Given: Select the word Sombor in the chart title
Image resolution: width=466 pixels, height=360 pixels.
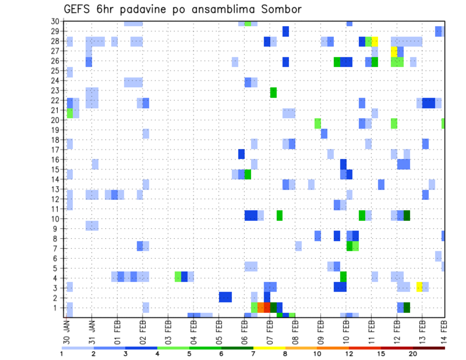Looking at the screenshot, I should pyautogui.click(x=282, y=9).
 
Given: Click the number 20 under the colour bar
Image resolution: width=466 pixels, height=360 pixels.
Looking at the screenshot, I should pyautogui.click(x=413, y=354).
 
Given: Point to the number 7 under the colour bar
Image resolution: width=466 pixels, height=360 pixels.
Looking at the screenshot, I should pyautogui.click(x=253, y=354).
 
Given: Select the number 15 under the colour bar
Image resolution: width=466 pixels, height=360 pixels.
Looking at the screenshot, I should pyautogui.click(x=381, y=354).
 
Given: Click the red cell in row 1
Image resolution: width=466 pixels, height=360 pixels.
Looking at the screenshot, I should pyautogui.click(x=266, y=308).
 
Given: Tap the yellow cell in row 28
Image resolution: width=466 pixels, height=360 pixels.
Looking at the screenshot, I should pyautogui.click(x=375, y=41).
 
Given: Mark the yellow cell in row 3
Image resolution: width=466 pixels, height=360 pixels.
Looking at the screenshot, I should pyautogui.click(x=419, y=287).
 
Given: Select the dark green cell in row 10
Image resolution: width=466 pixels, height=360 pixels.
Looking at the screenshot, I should pyautogui.click(x=407, y=215).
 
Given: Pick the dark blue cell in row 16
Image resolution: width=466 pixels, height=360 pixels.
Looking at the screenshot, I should pyautogui.click(x=241, y=154).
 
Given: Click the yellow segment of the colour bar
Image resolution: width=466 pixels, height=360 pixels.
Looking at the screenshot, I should pyautogui.click(x=269, y=348).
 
